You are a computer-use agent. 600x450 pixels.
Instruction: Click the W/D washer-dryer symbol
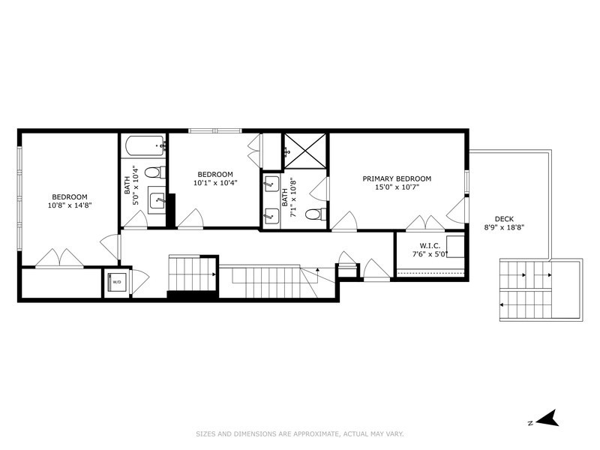click(x=116, y=283)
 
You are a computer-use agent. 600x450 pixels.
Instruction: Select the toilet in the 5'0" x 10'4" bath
click(x=153, y=172)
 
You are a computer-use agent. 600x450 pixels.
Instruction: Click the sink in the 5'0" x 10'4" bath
click(x=156, y=199)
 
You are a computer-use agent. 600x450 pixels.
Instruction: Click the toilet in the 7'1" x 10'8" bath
click(x=313, y=214)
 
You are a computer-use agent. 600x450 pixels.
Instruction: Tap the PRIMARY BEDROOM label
click(x=397, y=178)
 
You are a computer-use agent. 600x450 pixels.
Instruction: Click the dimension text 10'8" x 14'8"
click(x=68, y=205)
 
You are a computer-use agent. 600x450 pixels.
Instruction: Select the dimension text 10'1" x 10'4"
click(x=215, y=182)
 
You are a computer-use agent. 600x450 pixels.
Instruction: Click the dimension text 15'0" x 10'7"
click(x=397, y=188)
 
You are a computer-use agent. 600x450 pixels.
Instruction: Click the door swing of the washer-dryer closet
click(x=139, y=280)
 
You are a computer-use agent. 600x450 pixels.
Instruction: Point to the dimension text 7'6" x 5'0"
click(x=430, y=254)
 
